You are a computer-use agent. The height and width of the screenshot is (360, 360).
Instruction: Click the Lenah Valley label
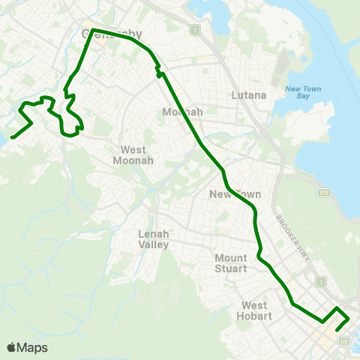[154, 239]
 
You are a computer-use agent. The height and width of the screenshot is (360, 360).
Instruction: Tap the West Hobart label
[255, 310]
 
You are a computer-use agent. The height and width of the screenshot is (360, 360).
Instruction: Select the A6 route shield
[344, 340]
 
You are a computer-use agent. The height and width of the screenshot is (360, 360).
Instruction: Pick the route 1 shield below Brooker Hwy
[320, 282]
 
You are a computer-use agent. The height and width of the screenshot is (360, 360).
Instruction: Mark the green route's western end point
[13, 136]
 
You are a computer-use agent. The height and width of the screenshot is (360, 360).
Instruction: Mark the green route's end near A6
[337, 328]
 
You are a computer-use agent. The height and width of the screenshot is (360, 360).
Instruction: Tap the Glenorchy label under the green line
[112, 34]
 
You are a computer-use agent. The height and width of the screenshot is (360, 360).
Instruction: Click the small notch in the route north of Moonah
[158, 73]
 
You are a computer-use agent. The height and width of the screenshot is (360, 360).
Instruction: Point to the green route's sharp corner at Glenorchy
[93, 30]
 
